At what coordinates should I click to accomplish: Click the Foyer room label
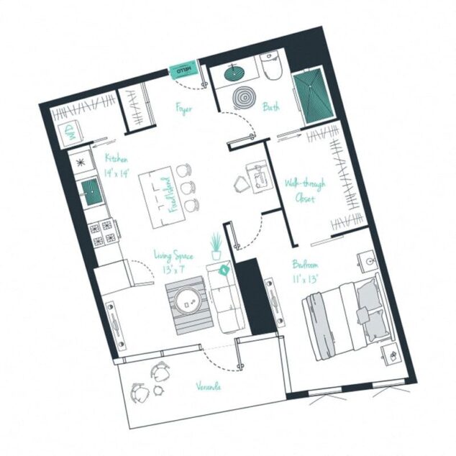pyautogui.click(x=183, y=109)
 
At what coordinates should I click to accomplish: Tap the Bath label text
pyautogui.click(x=272, y=107)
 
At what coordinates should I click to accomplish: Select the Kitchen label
pyautogui.click(x=116, y=158)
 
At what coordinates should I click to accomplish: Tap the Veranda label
pyautogui.click(x=209, y=386)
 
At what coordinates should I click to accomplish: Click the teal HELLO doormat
pyautogui.click(x=181, y=70)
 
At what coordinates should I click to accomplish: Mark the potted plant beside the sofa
pyautogui.click(x=215, y=247)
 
